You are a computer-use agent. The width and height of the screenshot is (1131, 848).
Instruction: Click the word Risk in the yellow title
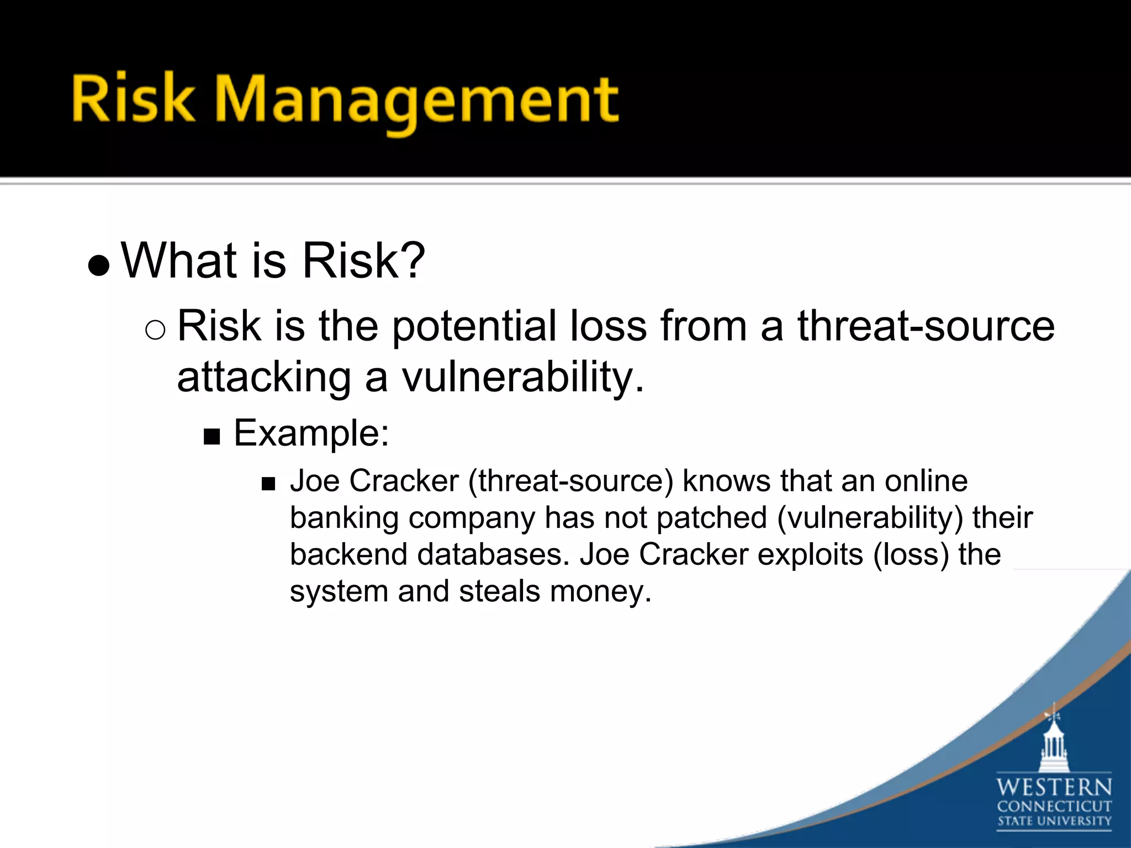point(133,98)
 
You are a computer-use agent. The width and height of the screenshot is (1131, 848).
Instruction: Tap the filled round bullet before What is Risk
point(99,266)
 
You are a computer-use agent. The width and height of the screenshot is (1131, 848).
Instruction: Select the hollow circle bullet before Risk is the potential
point(155,330)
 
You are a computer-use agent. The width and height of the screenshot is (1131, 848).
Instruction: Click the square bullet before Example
point(212,437)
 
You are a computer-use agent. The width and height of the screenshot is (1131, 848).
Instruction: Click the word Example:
point(311,433)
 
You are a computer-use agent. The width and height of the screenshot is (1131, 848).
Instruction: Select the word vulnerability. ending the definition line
point(522,378)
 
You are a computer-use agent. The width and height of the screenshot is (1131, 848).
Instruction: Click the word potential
point(474,326)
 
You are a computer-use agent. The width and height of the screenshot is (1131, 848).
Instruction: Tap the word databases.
point(493,554)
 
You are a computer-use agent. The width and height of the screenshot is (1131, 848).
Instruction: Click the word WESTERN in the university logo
point(1054,787)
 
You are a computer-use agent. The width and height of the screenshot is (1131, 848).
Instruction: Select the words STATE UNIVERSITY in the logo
point(1054,821)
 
